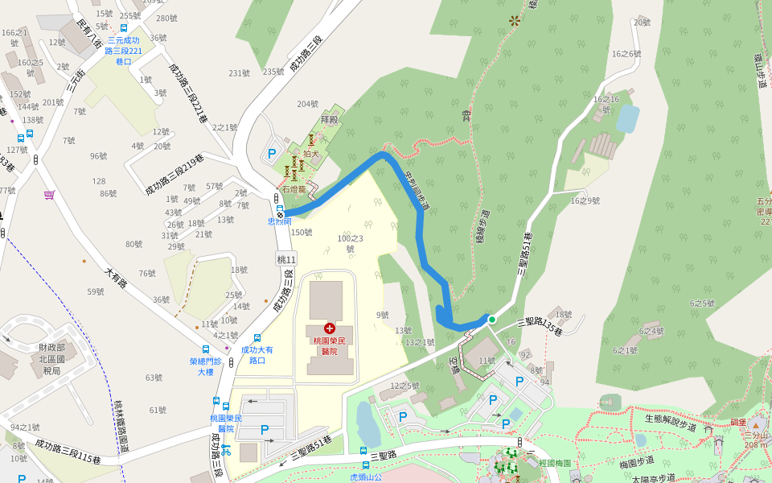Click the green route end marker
(x=492, y=320)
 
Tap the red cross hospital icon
(x=329, y=328)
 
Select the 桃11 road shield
(x=286, y=259)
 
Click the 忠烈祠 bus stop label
(x=279, y=221)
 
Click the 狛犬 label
(x=310, y=153)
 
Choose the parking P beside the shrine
(x=272, y=153)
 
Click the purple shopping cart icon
(x=50, y=194)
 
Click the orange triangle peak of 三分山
(x=754, y=424)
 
